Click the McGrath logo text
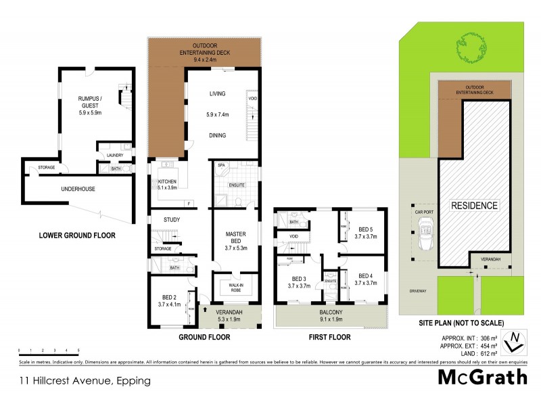[x=483, y=378]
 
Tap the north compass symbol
[x=516, y=340]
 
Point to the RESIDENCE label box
[x=475, y=205]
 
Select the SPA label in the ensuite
[x=220, y=165]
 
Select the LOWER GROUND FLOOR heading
[x=76, y=235]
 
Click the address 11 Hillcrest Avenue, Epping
[x=85, y=380]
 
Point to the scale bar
[x=49, y=352]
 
